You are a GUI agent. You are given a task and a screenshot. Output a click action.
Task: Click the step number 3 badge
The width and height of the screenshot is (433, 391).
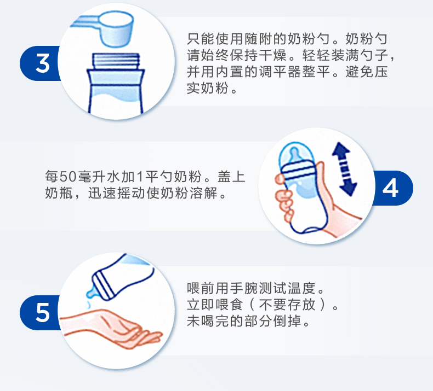point(41,63)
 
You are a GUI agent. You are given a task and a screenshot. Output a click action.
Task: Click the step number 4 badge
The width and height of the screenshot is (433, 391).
point(392,188)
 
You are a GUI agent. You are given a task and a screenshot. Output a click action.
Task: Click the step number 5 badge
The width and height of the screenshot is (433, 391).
point(41,312)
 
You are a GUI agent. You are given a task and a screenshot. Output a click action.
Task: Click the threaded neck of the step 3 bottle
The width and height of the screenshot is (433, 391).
point(116,61)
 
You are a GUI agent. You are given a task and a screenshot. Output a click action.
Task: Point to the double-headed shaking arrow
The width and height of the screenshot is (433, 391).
point(344,169)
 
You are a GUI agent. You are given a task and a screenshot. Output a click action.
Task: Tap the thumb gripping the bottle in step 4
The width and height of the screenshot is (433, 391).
point(281,179)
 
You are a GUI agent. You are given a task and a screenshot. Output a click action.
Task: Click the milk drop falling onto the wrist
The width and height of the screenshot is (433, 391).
point(88,305)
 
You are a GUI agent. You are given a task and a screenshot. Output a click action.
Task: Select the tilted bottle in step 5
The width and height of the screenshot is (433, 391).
point(122,278)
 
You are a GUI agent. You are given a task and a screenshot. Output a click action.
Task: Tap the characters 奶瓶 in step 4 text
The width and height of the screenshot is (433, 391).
point(59,193)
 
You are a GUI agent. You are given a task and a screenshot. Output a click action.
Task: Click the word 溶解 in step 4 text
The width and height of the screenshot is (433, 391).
point(203,193)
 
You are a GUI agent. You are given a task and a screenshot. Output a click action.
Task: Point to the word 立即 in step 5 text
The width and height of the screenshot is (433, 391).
point(201,305)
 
